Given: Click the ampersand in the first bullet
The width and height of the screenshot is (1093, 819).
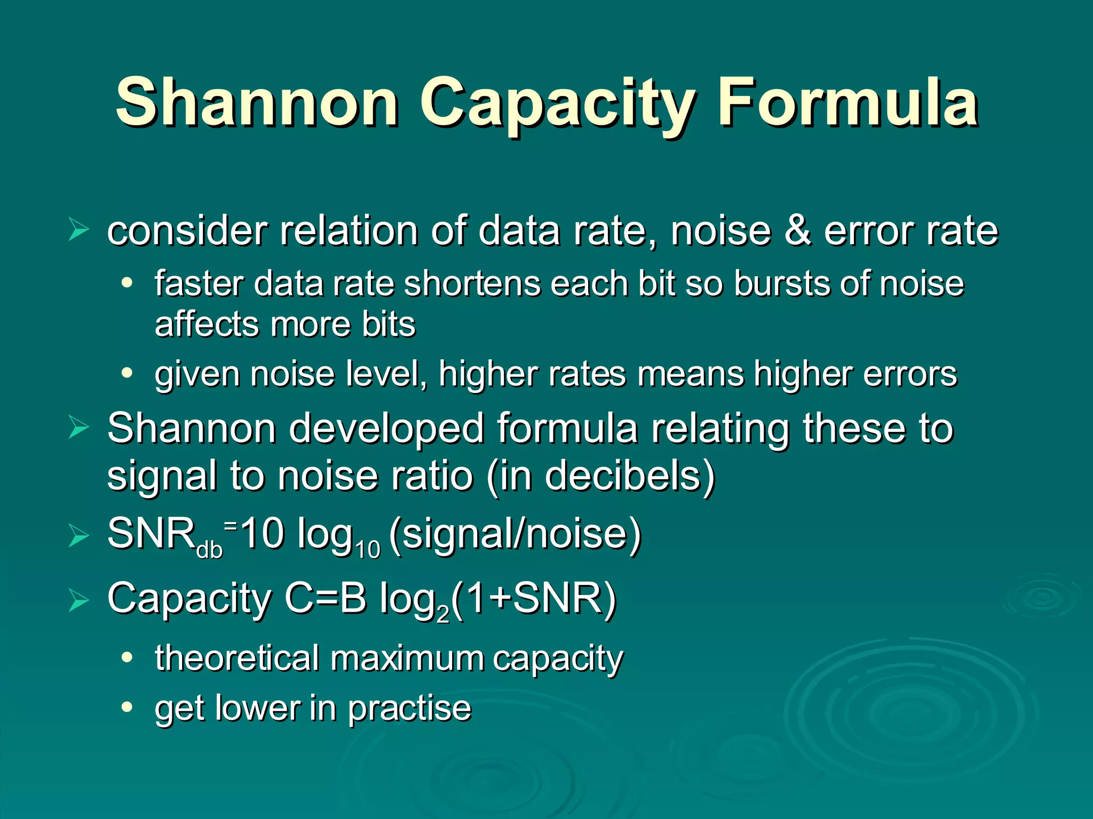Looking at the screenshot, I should point(797,230).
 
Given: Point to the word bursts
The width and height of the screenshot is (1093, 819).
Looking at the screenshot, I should point(781,283).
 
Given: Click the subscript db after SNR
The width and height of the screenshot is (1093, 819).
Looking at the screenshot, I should point(209,550).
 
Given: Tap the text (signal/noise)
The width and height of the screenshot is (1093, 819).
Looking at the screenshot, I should point(516,534).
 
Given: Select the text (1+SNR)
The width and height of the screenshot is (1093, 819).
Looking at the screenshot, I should point(534,599).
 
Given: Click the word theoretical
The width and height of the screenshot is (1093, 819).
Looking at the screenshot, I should point(237,658).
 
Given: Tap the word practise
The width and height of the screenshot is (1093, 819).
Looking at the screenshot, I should point(410,709).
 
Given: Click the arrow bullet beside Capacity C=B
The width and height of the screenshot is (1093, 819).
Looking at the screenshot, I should point(78,600).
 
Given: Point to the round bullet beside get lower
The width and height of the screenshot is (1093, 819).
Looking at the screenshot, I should point(126,708).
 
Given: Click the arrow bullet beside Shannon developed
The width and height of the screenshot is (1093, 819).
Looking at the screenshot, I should point(78,428).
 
